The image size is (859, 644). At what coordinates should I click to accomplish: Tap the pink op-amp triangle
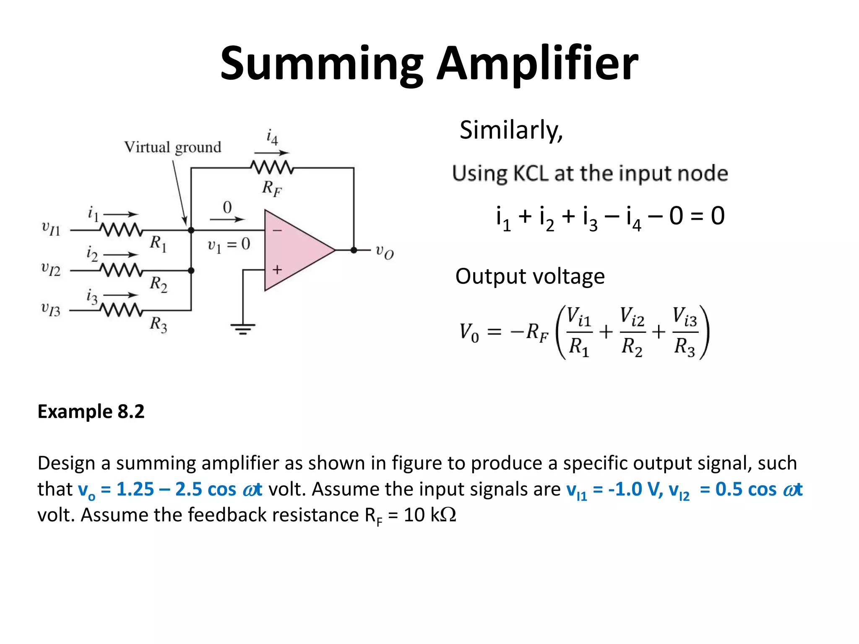coord(294,250)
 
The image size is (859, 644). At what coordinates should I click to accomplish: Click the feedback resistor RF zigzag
coord(272,168)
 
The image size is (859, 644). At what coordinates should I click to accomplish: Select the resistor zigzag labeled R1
coord(121,230)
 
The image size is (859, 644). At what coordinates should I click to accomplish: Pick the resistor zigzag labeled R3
coord(121,310)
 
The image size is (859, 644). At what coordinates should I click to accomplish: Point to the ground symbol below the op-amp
coord(242,328)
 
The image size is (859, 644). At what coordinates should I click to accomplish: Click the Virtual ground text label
coord(172,147)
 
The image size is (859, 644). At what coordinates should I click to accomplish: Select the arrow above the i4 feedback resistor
coord(271,153)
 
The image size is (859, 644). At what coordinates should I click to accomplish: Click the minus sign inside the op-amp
coord(277,231)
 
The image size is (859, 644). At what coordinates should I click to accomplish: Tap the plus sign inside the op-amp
coord(277,270)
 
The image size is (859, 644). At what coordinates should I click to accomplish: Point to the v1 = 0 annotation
coord(229,244)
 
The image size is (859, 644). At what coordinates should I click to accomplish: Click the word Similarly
coord(510,130)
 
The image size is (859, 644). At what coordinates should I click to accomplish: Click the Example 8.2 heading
coord(91,411)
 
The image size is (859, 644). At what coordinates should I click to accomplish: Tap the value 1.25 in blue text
coord(135,489)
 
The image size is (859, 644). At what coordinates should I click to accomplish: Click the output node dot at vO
coord(354,250)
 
